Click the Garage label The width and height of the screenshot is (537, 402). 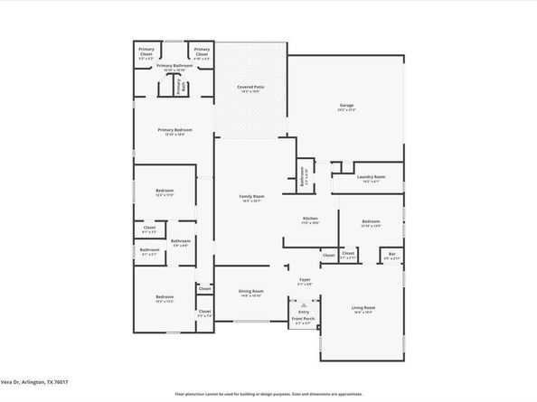point(346,107)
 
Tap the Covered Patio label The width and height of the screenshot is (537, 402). point(250,89)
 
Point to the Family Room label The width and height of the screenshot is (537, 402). point(251,198)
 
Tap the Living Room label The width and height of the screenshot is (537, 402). point(363,310)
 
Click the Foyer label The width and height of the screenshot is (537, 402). point(305,281)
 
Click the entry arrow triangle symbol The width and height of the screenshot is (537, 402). point(304,304)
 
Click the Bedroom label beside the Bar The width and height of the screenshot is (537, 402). point(371,223)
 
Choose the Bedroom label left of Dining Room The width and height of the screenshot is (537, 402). point(164,299)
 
